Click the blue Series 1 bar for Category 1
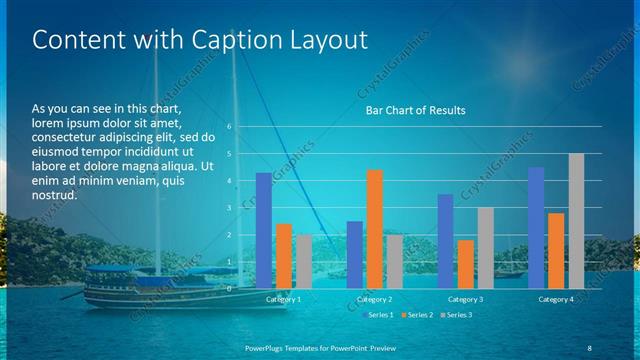(x=263, y=230)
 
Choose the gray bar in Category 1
(x=304, y=261)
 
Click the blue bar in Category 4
(x=536, y=227)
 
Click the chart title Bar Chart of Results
(x=415, y=110)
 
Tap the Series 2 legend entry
(x=419, y=315)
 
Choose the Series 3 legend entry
(x=458, y=315)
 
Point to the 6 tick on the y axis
(x=229, y=127)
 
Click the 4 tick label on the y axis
(x=229, y=181)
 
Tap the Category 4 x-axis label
(x=555, y=299)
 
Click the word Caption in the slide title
(x=211, y=41)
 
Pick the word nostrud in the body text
(x=53, y=195)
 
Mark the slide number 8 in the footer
(x=589, y=346)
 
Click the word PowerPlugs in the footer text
(x=270, y=346)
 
